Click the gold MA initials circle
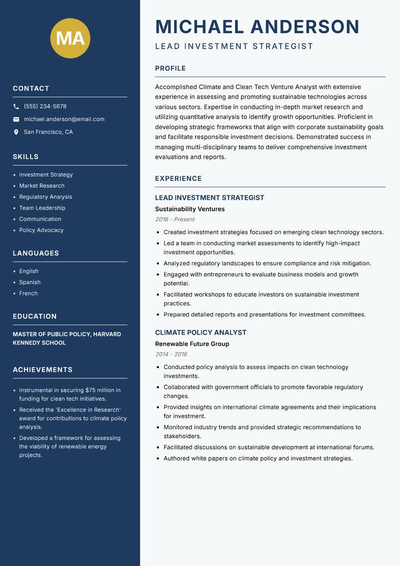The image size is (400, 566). [x=70, y=38]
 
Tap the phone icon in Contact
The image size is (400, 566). [x=16, y=107]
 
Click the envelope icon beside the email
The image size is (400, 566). [x=16, y=119]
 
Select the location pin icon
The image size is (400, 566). [x=16, y=132]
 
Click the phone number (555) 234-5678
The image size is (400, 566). [x=45, y=107]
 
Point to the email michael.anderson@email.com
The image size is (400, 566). [x=64, y=119]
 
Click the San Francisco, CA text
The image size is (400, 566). [x=48, y=132]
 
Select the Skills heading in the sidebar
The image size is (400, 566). [x=25, y=157]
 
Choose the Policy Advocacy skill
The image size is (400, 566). [x=41, y=230]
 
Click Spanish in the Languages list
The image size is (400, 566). [x=29, y=282]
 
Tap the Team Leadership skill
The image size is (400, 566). [x=42, y=208]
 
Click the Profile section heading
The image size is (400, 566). [x=170, y=69]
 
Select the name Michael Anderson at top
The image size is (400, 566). [x=257, y=27]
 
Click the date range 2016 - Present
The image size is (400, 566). [x=174, y=219]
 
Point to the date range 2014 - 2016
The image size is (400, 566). [x=171, y=354]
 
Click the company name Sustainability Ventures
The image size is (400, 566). [x=189, y=209]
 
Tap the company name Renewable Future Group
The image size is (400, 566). [x=192, y=344]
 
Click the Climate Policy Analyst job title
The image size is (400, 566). [x=200, y=333]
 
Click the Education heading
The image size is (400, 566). [x=34, y=317]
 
